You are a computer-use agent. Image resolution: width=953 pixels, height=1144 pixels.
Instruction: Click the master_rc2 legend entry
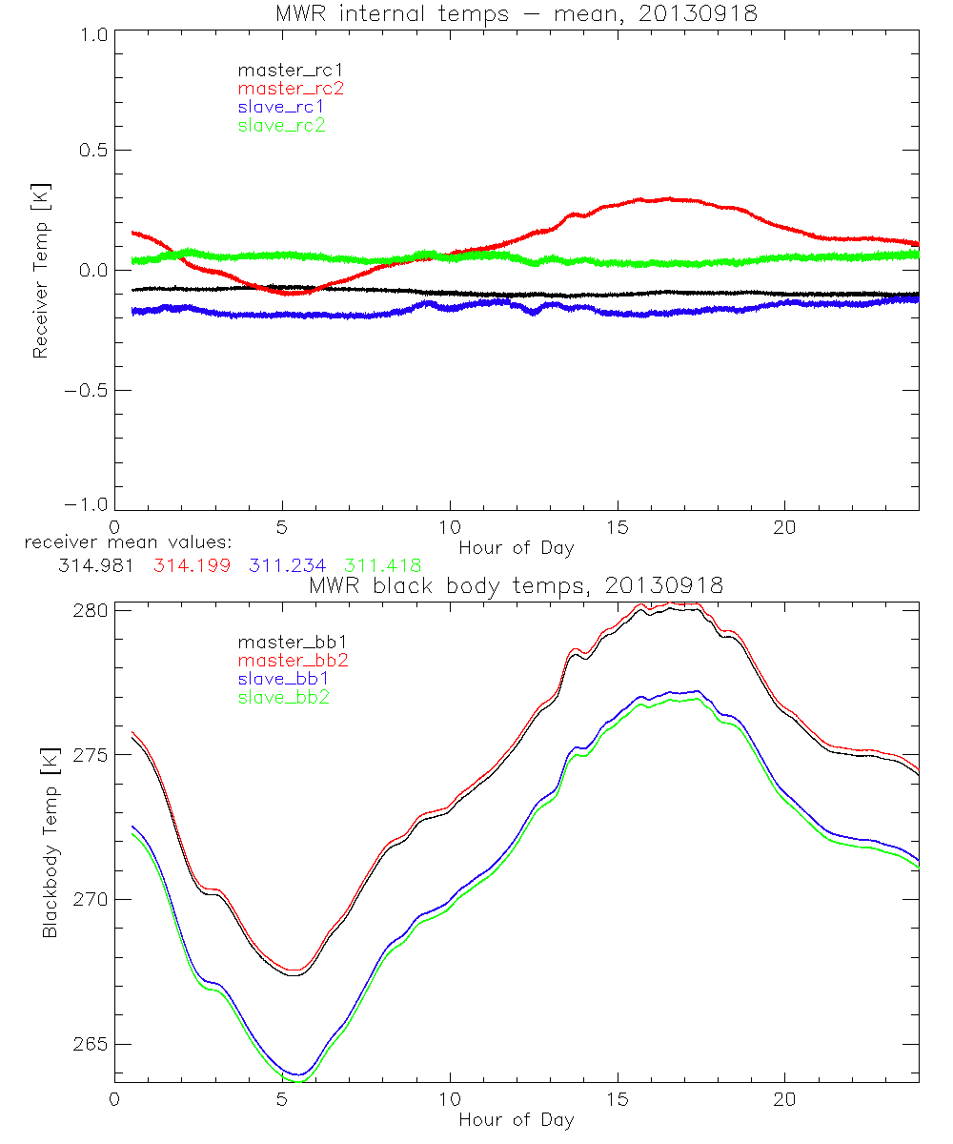291,88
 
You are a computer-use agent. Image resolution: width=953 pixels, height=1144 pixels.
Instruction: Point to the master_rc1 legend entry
291,70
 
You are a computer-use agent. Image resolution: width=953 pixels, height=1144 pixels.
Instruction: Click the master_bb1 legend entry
291,642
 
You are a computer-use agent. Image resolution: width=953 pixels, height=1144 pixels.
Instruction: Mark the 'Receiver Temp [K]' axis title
40,270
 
